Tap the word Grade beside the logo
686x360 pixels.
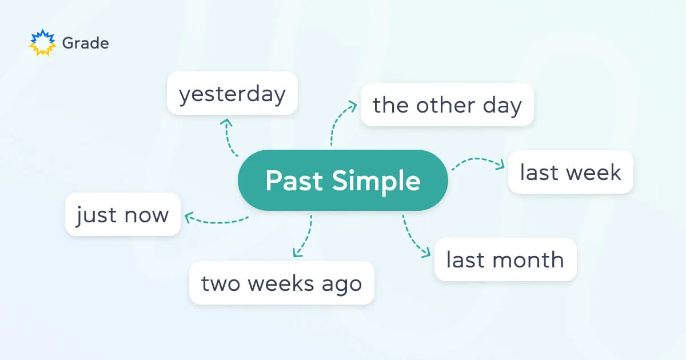[85, 43]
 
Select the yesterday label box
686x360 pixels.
[232, 94]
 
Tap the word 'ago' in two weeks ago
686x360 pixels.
[345, 283]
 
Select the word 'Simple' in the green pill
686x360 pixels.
[377, 181]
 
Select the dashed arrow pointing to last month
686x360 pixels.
[413, 237]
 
